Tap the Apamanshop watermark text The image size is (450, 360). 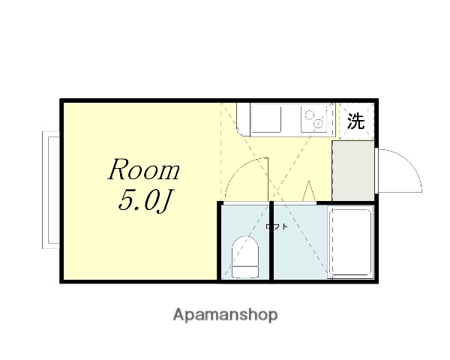click(x=225, y=315)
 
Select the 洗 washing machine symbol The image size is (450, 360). click(x=355, y=121)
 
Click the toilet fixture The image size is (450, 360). click(x=244, y=256)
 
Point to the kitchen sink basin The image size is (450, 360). click(x=264, y=119)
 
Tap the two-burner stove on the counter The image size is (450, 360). click(x=313, y=119)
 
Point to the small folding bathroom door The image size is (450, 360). click(x=309, y=191)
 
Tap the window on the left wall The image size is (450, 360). click(x=50, y=189)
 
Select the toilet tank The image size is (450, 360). click(x=244, y=271)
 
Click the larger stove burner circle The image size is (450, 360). click(x=308, y=114)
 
